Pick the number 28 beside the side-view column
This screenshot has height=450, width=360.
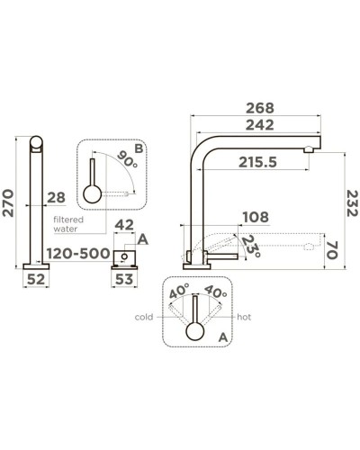tap(57, 197)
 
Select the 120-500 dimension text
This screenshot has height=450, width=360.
tap(78, 254)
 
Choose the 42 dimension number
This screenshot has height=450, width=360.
tap(125, 225)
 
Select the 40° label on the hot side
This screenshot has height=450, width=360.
tap(216, 292)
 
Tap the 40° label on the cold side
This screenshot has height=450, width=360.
tap(177, 292)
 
